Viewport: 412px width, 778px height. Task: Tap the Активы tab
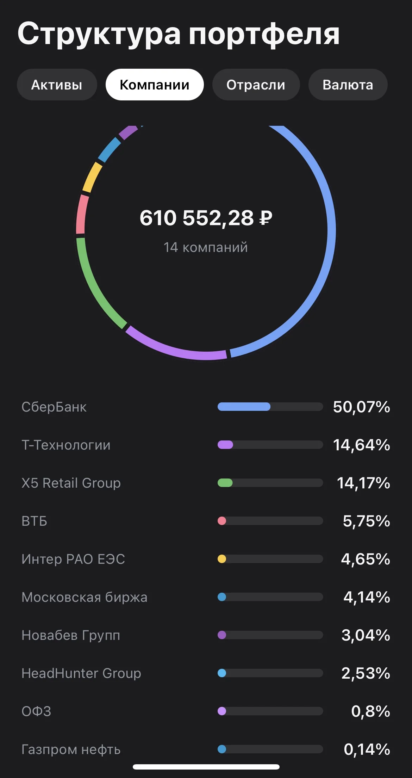pyautogui.click(x=57, y=85)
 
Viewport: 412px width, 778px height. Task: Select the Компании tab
pyautogui.click(x=155, y=85)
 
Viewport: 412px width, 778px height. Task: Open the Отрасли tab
pyautogui.click(x=256, y=85)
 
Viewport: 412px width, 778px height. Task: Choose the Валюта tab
pyautogui.click(x=348, y=85)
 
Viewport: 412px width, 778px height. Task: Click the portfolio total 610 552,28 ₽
pyautogui.click(x=206, y=218)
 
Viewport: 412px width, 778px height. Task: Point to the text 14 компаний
pyautogui.click(x=206, y=247)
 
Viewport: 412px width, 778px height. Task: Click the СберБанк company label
pyautogui.click(x=54, y=407)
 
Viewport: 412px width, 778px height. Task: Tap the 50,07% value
pyautogui.click(x=362, y=407)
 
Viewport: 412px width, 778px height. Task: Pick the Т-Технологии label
pyautogui.click(x=66, y=445)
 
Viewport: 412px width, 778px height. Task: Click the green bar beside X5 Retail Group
pyautogui.click(x=225, y=483)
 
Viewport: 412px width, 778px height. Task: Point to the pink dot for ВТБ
pyautogui.click(x=222, y=521)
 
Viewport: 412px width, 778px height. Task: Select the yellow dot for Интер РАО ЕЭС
pyautogui.click(x=222, y=559)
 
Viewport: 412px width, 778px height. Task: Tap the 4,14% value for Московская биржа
pyautogui.click(x=367, y=597)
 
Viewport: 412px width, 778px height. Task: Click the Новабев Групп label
pyautogui.click(x=71, y=635)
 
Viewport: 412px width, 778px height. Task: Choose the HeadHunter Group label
pyautogui.click(x=81, y=673)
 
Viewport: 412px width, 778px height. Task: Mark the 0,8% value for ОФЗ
pyautogui.click(x=371, y=711)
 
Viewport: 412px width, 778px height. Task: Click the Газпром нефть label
pyautogui.click(x=71, y=749)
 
